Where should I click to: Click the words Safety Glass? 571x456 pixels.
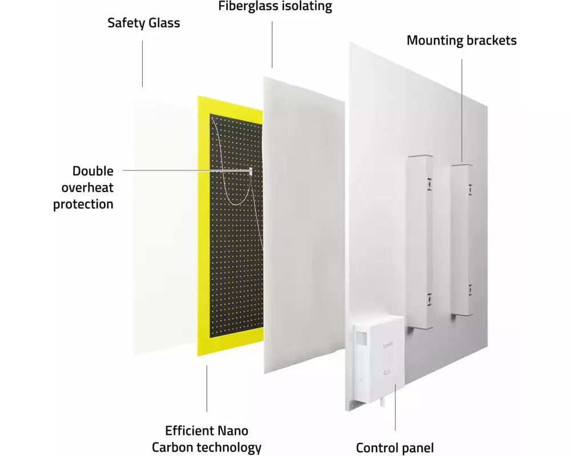coord(144,23)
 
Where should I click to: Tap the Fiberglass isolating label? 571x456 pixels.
coord(275,7)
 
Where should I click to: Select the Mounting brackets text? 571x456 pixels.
coord(461,40)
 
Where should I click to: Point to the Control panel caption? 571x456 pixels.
coord(395,447)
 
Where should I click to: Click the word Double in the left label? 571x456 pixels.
coord(93,171)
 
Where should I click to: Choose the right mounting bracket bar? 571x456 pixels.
coord(462,239)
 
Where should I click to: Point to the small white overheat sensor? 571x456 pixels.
coord(251,170)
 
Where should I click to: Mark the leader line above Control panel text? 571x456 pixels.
coord(395,410)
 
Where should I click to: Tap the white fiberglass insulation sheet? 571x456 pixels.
coord(303,228)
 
